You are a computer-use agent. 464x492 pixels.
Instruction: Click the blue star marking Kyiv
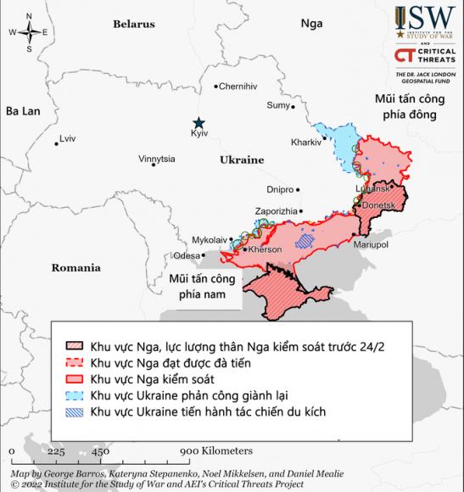point(198,123)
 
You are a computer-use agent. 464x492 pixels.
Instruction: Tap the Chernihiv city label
point(238,87)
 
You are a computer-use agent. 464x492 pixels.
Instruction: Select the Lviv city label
point(67,138)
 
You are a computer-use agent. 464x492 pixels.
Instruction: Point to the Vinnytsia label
point(157,159)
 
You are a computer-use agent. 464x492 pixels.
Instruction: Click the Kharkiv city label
point(305,142)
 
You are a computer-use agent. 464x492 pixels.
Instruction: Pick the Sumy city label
point(278,105)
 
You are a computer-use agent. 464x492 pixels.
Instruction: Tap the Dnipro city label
point(279,189)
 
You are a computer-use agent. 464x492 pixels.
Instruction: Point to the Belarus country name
point(134,25)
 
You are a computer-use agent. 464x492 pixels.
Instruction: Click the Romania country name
point(75,268)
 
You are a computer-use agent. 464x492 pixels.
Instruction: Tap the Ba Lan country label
point(24,111)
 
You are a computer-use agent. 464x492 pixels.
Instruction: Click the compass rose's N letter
point(29,17)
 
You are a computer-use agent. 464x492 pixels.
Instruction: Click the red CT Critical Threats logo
point(405,56)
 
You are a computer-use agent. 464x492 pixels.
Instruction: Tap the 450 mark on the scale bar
point(99,451)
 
